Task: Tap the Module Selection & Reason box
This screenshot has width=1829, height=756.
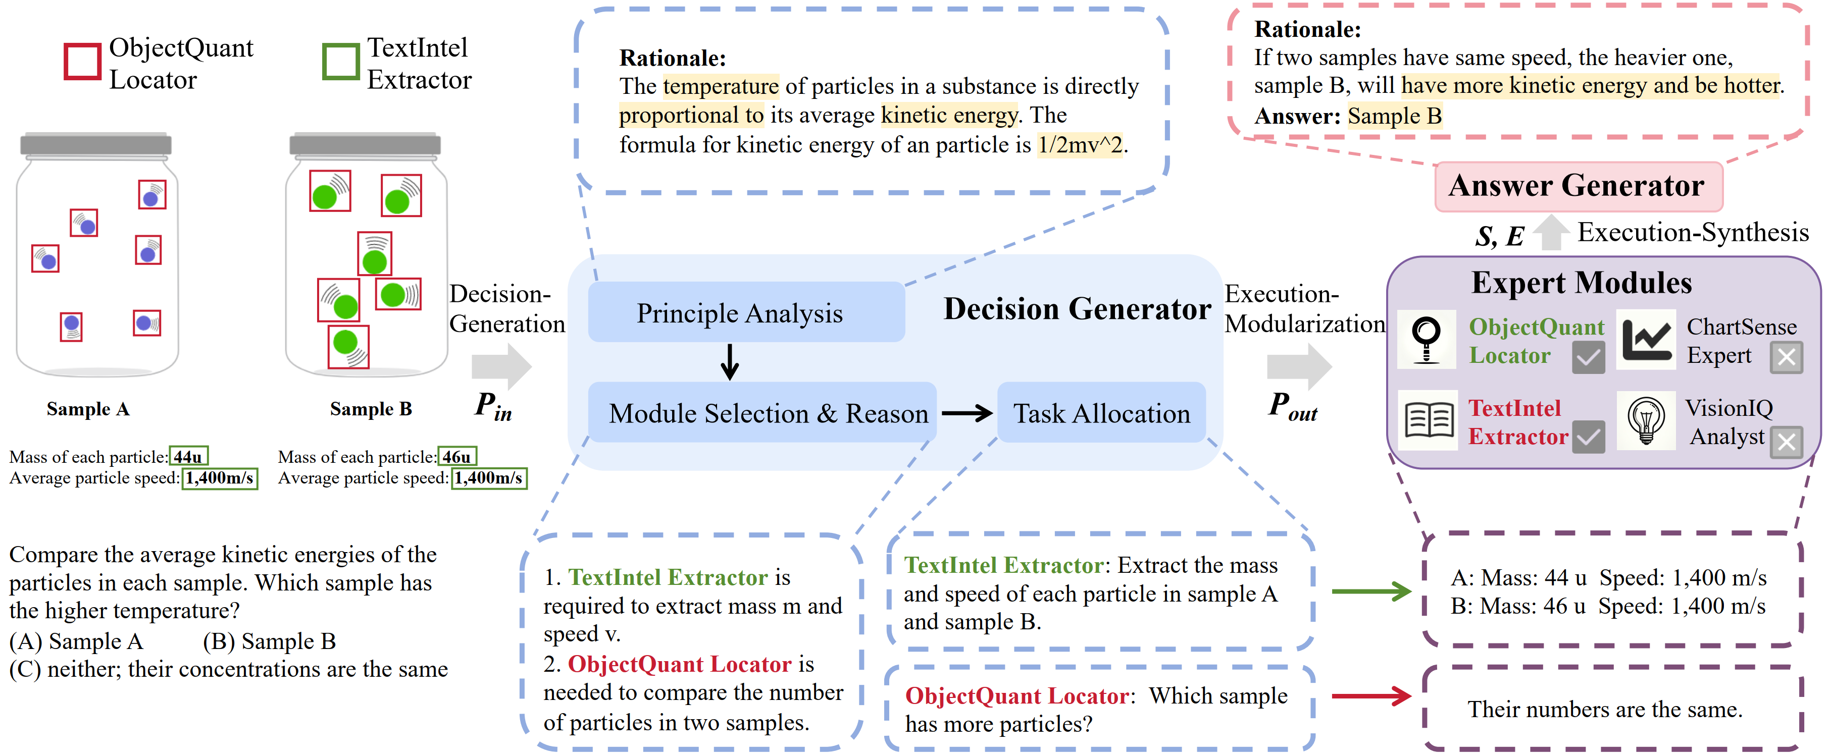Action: (762, 412)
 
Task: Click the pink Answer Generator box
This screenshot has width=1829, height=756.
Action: (1577, 186)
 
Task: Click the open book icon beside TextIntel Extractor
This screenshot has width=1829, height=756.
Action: (1429, 420)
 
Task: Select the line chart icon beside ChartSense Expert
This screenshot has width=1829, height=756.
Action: (1646, 339)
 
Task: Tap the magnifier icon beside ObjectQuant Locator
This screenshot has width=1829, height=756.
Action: (1426, 339)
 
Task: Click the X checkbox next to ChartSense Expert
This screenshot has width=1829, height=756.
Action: (1785, 357)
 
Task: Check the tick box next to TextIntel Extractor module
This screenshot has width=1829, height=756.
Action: (1588, 437)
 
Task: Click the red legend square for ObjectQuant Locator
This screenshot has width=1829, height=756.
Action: (82, 62)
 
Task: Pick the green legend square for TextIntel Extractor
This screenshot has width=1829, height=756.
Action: (341, 62)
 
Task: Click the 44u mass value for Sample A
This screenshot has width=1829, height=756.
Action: (188, 456)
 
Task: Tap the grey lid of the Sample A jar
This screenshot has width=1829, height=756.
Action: (96, 144)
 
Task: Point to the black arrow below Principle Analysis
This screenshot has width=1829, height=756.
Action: (729, 362)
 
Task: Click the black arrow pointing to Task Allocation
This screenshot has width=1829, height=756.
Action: (967, 413)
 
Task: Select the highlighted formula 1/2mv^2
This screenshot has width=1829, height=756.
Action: (1080, 145)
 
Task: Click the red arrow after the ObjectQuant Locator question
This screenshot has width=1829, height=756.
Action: (1370, 695)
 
